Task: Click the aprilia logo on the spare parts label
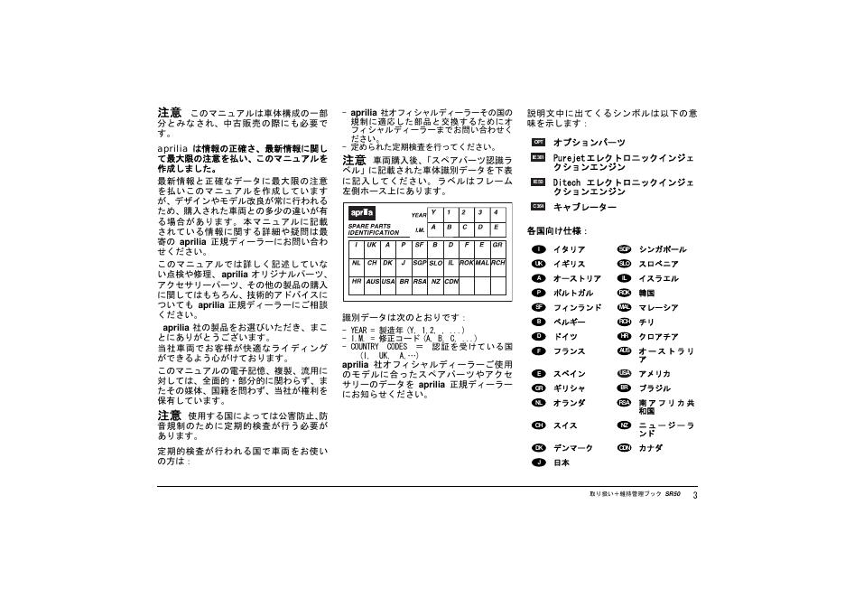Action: point(362,212)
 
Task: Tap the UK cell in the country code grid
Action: point(371,245)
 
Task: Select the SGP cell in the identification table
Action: point(419,263)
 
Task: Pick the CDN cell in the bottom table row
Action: point(451,281)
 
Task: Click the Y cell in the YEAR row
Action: point(434,212)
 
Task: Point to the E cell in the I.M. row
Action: point(496,228)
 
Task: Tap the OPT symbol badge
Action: point(538,142)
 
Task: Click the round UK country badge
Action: point(538,264)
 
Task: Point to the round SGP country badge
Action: point(624,249)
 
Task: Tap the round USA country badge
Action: point(624,373)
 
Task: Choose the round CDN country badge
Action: point(624,447)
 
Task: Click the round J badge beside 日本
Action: point(538,463)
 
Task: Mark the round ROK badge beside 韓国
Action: point(624,293)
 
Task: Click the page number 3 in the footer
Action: point(696,495)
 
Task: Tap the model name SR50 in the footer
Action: point(673,495)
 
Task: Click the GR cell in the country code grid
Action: point(497,245)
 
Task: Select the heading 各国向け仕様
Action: point(556,231)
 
